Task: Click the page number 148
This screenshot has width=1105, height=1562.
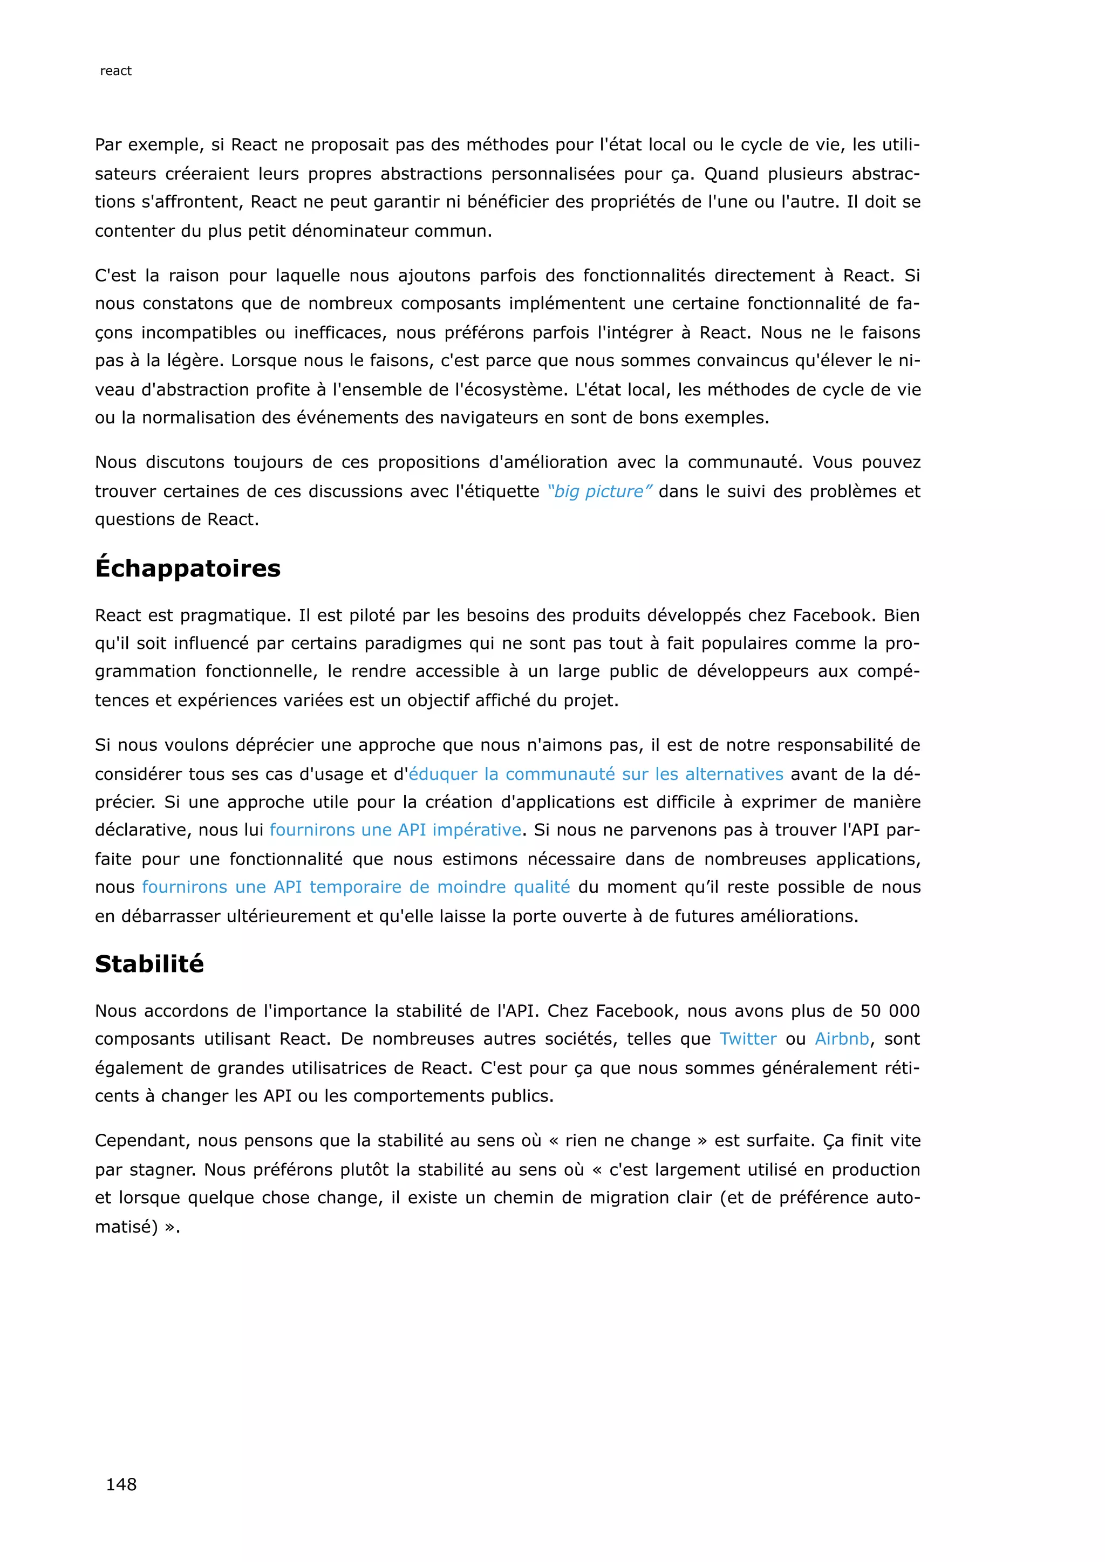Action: pos(121,1484)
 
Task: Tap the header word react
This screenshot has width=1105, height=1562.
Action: pos(115,71)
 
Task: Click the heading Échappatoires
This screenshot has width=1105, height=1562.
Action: pos(188,568)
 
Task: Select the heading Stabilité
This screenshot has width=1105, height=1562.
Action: pos(149,963)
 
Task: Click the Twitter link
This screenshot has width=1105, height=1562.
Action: pos(748,1039)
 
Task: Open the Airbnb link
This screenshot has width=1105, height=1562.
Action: pos(842,1039)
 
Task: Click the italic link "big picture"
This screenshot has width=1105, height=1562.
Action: pos(599,491)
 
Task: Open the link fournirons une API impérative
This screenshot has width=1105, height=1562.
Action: pos(395,830)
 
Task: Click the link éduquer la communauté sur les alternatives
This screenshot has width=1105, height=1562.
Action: pos(596,774)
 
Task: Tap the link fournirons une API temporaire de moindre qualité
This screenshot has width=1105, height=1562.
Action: pos(356,887)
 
